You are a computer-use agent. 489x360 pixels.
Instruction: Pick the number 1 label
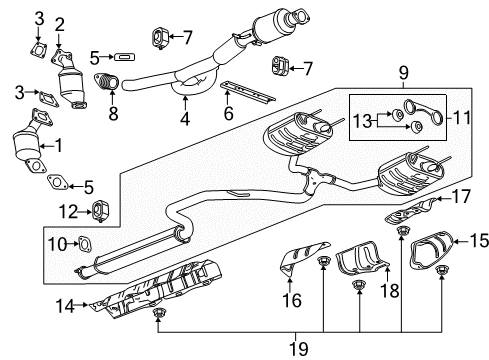58,145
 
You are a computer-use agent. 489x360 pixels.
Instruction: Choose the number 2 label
59,24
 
